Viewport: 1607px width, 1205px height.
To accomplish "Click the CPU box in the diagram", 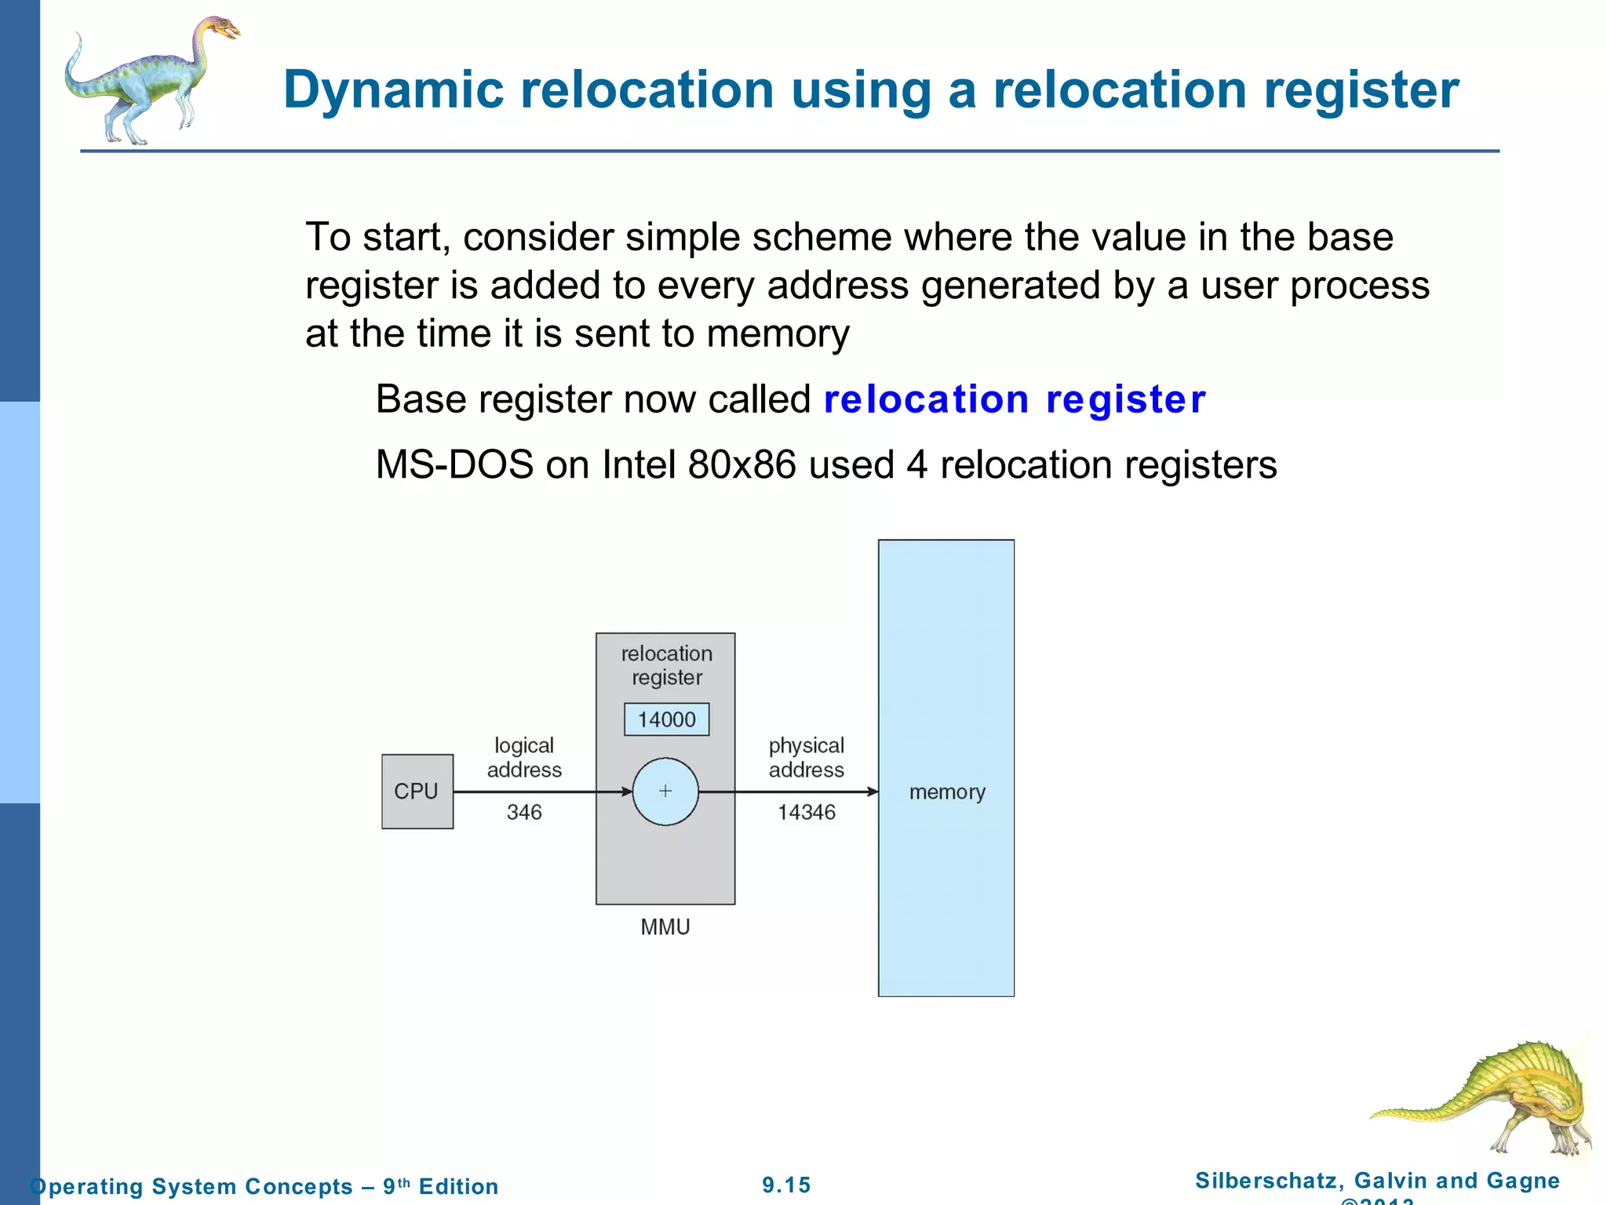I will tap(417, 791).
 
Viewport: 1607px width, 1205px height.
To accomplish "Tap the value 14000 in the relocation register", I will tap(666, 719).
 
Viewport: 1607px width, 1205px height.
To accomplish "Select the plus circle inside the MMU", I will tap(665, 792).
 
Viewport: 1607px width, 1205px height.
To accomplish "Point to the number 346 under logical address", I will tap(524, 812).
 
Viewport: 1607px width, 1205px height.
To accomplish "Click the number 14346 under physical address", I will tap(806, 812).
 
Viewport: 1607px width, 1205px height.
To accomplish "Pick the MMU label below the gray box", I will tap(665, 927).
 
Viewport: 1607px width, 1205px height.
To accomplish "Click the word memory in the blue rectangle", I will tap(947, 792).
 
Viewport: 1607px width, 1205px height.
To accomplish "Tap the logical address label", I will tap(524, 757).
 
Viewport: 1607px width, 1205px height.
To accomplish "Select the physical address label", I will tap(806, 757).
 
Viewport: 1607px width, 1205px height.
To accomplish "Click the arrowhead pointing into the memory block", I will tap(872, 792).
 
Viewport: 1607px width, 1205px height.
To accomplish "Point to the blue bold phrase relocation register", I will tap(1014, 399).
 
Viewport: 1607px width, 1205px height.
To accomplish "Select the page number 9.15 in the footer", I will tap(786, 1185).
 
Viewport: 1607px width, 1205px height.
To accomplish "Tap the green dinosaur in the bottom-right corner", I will tap(1499, 1098).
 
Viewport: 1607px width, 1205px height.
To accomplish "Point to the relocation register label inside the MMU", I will tap(666, 665).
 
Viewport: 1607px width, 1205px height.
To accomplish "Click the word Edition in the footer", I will tap(458, 1186).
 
